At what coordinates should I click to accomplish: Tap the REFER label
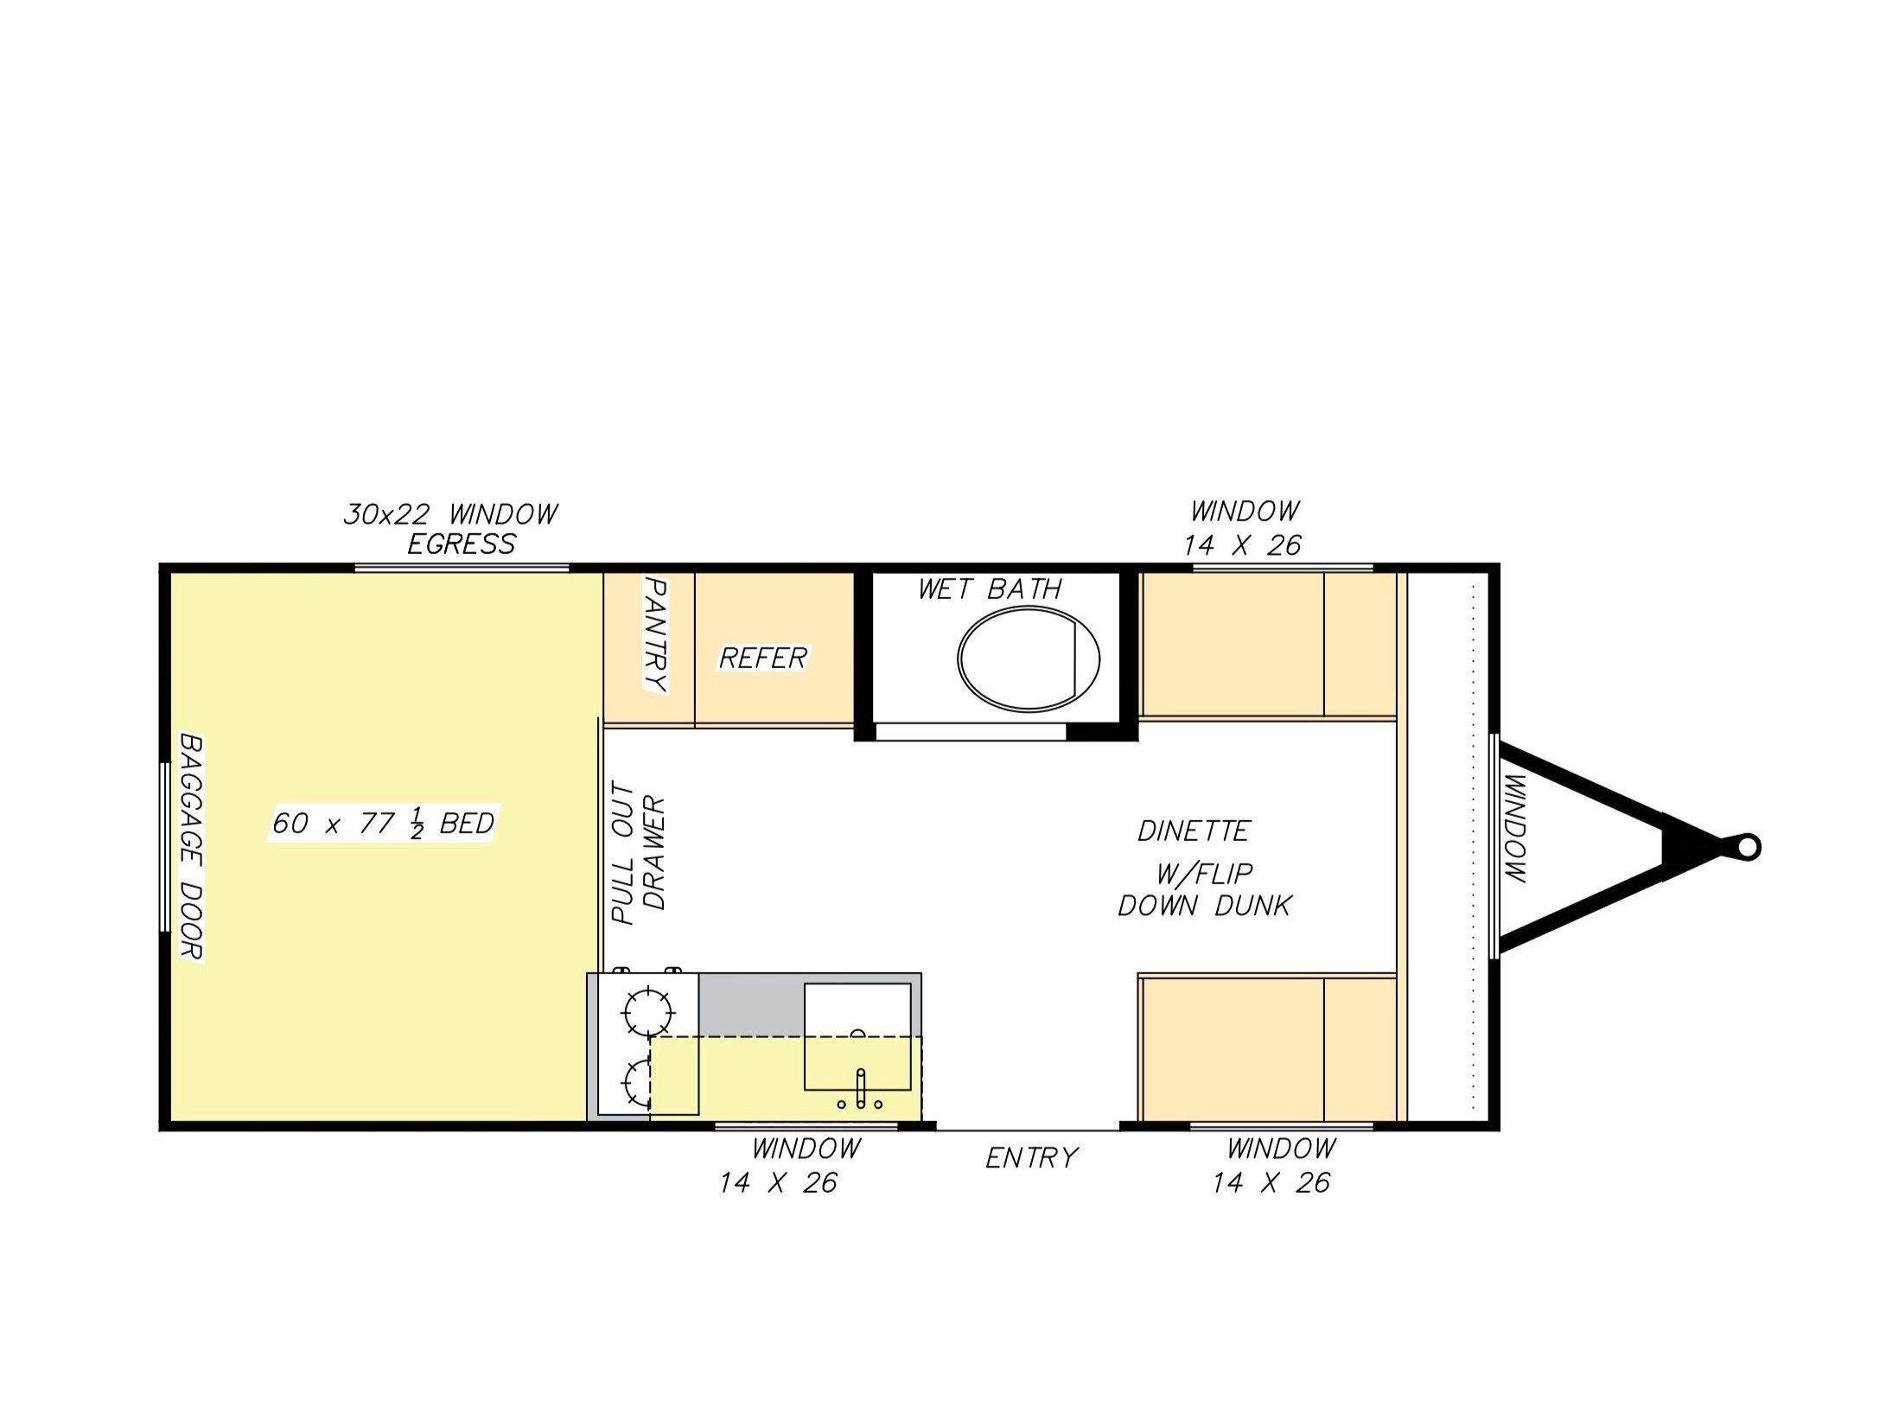point(762,659)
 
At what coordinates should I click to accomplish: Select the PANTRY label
point(657,635)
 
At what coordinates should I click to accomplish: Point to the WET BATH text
point(990,589)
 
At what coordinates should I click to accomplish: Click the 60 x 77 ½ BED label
point(383,824)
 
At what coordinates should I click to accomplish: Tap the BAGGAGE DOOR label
point(190,846)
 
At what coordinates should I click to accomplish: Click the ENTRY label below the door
point(1031,1157)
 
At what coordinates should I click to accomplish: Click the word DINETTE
point(1194,831)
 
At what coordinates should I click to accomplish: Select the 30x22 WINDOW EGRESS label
point(451,529)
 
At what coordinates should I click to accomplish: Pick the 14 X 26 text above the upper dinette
point(1243,545)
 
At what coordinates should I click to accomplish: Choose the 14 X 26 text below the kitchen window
point(778,1182)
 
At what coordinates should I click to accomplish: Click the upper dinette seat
point(1269,645)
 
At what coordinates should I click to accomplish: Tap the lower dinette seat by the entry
point(1269,1049)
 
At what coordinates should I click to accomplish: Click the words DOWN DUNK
point(1205,906)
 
